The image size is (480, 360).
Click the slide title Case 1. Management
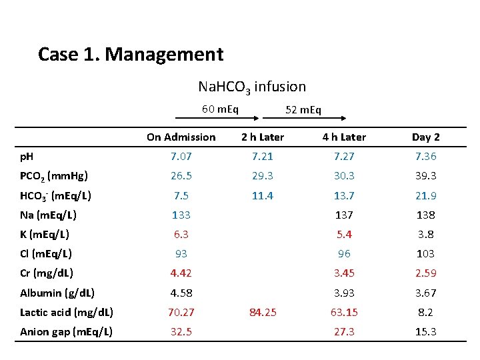(x=131, y=55)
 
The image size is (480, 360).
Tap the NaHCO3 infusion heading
(x=252, y=87)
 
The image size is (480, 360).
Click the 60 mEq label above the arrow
(x=220, y=109)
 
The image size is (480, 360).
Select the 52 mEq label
(x=303, y=109)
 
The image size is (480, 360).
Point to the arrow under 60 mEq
(x=217, y=118)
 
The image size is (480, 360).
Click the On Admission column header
(x=181, y=137)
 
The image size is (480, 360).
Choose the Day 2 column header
(x=426, y=137)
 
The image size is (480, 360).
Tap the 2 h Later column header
(x=263, y=137)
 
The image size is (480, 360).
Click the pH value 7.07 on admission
(x=181, y=157)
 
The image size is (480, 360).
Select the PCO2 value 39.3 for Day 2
(x=426, y=176)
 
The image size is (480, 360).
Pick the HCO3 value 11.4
(x=263, y=195)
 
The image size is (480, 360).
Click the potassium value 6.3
(x=181, y=235)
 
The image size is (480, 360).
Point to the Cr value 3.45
(x=344, y=273)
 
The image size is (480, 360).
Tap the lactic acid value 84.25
(x=263, y=312)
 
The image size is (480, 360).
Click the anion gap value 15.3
(x=426, y=332)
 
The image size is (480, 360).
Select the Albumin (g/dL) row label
(x=57, y=293)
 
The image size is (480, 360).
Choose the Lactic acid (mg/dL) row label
(x=67, y=313)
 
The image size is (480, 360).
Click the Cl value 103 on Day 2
(x=425, y=254)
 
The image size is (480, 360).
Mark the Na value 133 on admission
(x=181, y=215)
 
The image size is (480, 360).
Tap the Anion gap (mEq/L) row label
(x=66, y=332)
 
